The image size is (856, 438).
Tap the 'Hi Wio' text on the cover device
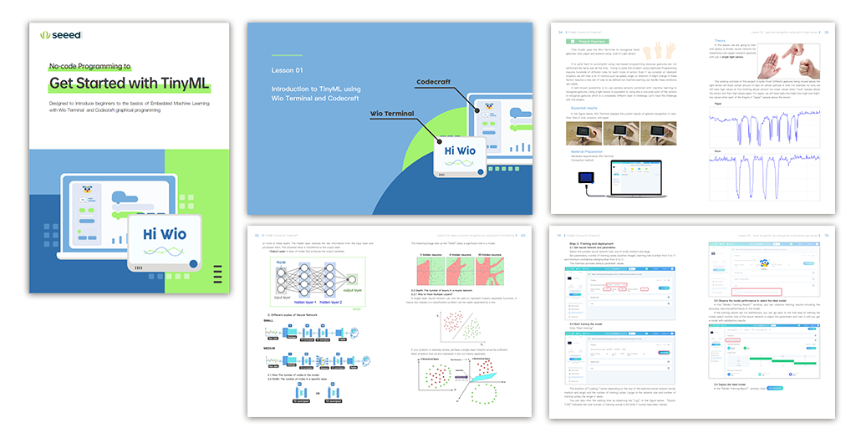165,234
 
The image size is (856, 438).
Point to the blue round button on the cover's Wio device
194,263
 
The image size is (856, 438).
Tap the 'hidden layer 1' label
304,303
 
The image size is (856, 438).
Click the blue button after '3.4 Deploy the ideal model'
777,389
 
